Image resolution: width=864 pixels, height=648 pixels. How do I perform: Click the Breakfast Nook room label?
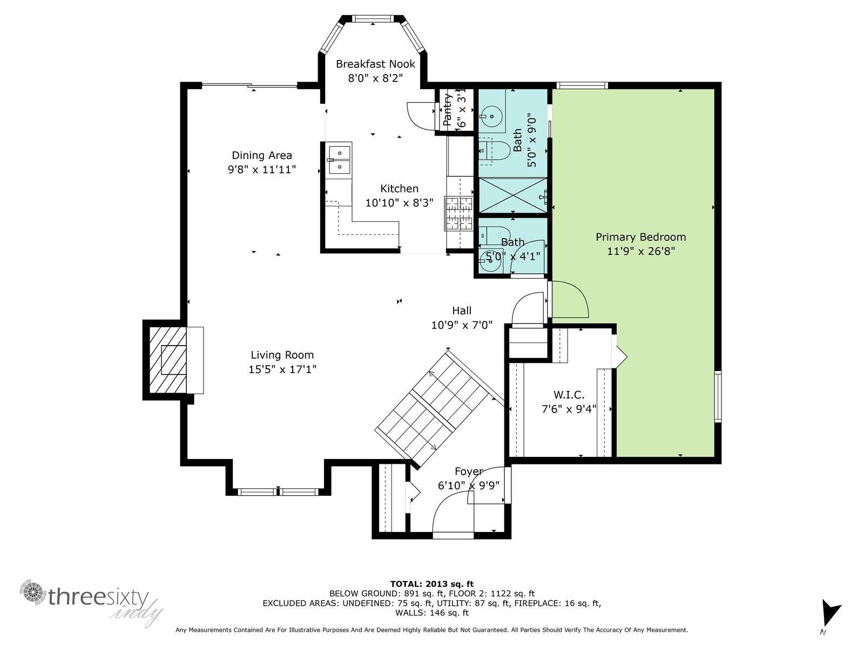375,64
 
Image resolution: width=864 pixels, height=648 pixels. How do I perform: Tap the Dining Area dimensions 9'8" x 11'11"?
262,170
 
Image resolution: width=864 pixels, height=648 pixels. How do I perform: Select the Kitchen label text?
399,188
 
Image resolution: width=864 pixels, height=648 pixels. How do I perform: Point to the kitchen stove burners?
459,213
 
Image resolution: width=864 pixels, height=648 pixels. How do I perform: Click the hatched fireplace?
168,360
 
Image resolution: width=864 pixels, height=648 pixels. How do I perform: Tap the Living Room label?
282,355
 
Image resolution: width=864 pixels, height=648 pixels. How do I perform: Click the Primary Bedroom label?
640,237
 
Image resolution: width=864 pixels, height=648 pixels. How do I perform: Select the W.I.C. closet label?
569,395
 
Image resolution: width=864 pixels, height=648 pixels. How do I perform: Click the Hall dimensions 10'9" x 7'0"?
462,325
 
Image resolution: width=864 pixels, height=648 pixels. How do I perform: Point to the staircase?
440,410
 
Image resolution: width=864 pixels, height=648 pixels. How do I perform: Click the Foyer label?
468,471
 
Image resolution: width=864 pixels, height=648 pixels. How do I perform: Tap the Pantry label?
447,110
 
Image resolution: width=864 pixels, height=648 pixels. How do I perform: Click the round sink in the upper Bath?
491,117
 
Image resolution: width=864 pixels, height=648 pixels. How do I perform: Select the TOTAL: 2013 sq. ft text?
432,584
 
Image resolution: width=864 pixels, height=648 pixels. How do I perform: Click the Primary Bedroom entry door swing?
570,299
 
